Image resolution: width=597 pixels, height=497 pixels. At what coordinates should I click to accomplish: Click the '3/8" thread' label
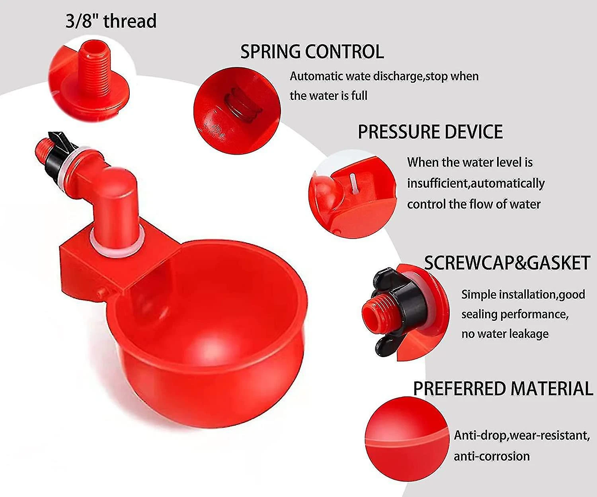click(111, 21)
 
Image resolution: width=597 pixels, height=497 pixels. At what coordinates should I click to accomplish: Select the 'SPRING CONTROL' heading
click(312, 51)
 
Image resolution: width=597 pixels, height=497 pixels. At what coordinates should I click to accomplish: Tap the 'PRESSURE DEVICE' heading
click(430, 132)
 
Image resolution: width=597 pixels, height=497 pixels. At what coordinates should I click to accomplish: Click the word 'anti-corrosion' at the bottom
click(492, 456)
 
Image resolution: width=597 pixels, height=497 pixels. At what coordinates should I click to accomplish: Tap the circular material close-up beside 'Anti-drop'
click(407, 439)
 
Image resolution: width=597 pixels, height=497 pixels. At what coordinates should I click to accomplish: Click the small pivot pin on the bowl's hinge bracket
click(103, 292)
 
